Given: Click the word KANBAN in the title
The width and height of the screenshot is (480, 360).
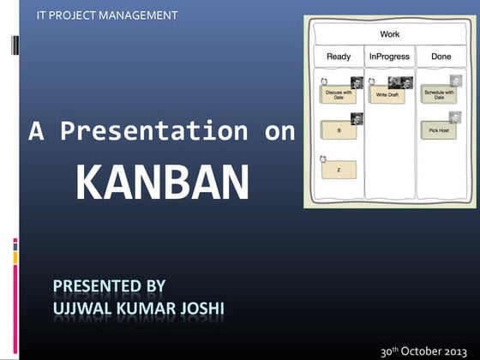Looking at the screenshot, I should coord(162,182).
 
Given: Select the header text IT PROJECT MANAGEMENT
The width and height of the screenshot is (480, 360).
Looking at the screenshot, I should coord(108,15).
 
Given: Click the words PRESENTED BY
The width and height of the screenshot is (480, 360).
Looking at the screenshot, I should coord(109,285).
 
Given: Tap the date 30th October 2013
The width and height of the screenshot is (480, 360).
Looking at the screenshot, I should coord(423,351).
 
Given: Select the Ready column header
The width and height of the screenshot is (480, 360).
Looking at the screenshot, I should coord(339,57).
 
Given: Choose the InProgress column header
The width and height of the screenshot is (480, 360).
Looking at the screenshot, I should coord(388,57).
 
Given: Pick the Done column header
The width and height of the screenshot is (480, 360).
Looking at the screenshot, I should coord(441,57).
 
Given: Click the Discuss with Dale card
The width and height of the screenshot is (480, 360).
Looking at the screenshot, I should coord(339,96).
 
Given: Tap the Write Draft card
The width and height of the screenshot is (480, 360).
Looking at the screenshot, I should coord(387,95).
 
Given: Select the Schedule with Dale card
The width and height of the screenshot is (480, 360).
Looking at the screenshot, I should coord(439,96).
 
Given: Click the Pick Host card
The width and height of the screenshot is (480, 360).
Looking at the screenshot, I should coord(438,131).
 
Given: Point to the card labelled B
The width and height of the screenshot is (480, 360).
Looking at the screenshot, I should coord(339,131).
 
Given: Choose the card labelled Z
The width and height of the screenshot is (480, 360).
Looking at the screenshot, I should coord(338,170).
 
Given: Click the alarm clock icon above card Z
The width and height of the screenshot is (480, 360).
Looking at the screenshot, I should coord(322,159).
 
